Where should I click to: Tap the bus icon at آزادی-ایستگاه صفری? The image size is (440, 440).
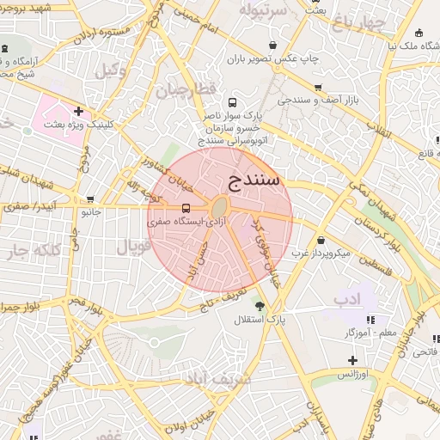(x=186, y=208)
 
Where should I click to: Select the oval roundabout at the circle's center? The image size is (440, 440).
(x=220, y=208)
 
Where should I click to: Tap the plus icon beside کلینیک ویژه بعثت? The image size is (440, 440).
(x=78, y=110)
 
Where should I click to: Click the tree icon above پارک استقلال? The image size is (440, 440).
(x=260, y=305)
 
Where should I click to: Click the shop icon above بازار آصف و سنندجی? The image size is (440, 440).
(x=319, y=88)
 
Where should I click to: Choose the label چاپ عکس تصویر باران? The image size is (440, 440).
(x=272, y=58)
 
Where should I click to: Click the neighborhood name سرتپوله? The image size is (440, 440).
(x=262, y=10)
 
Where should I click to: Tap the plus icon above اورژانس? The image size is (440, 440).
(x=351, y=360)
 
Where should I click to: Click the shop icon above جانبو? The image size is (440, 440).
(x=89, y=199)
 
